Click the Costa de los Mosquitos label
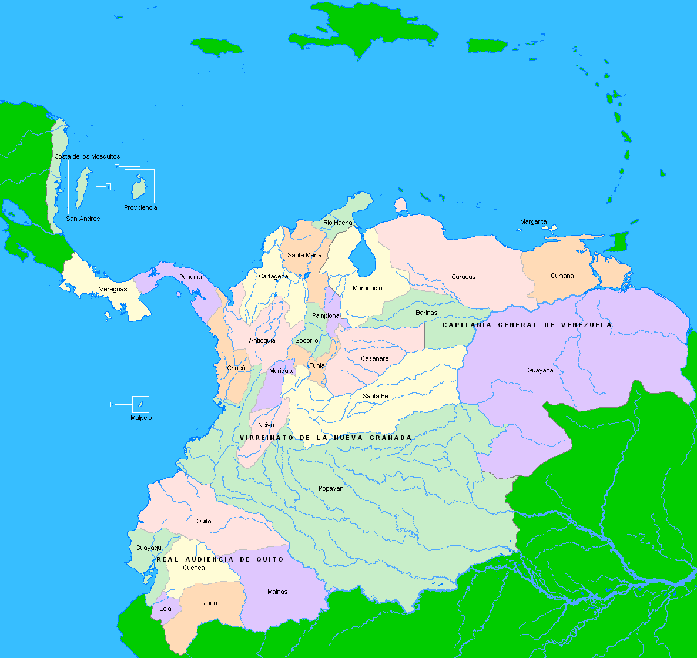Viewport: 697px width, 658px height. pos(87,156)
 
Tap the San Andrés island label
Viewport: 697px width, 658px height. pos(83,219)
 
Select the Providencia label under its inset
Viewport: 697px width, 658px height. pos(140,207)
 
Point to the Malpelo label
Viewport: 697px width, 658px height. pos(141,418)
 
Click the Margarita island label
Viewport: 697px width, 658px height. pos(533,221)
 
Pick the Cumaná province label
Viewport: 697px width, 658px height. pos(562,276)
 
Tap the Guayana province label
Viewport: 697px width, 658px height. pos(540,370)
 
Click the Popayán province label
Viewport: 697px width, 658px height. pos(331,488)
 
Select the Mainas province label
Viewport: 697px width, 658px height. pos(277,592)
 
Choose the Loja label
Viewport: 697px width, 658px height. pos(166,609)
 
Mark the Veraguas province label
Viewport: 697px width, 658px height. pos(113,289)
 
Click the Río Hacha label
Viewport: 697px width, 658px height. pos(338,223)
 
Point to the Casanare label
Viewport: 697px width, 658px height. pos(374,358)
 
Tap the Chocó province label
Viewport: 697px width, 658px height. pos(236,368)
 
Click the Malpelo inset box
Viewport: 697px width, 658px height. pos(140,404)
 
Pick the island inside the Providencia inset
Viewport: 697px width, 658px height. pos(139,188)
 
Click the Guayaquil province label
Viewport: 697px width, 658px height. pos(149,548)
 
